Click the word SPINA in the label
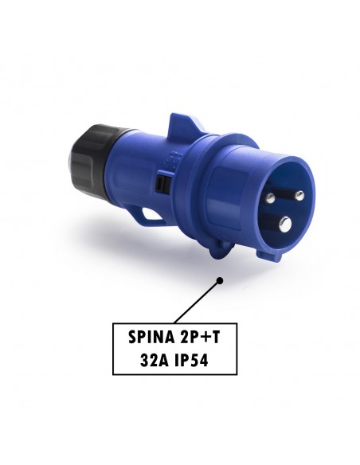click(x=151, y=337)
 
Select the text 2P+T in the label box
click(x=200, y=337)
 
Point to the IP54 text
click(x=191, y=361)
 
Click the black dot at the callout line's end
click(x=220, y=280)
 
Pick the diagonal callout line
click(x=197, y=302)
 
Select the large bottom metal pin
click(x=286, y=224)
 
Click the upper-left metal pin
click(x=270, y=197)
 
